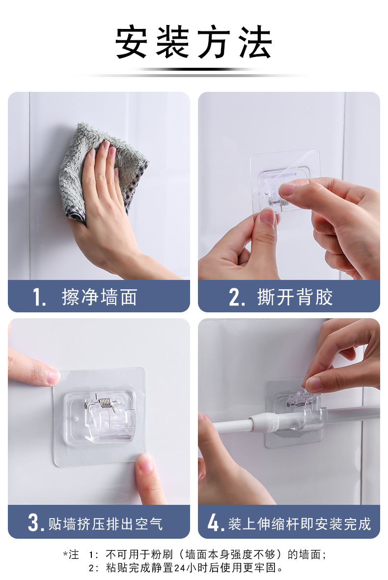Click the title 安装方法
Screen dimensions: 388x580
194,42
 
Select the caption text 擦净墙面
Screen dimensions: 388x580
100,297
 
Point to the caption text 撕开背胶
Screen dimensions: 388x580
295,297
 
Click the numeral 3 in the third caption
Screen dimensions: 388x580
34,523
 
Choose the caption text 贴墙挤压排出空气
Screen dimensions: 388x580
106,524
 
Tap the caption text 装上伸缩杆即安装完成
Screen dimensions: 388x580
300,524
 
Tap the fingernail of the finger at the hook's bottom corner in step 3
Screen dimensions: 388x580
145,462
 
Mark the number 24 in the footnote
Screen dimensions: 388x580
179,567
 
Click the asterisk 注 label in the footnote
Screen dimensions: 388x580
71,554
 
